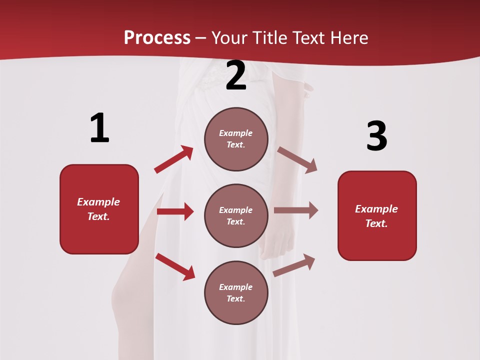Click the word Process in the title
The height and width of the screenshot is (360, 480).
(x=157, y=38)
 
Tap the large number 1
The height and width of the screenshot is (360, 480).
(x=99, y=128)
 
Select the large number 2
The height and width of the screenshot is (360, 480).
(x=236, y=75)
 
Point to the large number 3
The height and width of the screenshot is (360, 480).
(x=376, y=136)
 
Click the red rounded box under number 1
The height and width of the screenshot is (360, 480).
(x=99, y=209)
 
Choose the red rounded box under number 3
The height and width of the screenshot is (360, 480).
(x=377, y=215)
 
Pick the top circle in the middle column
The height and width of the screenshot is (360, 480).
(x=236, y=139)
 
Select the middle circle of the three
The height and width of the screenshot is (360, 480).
(x=236, y=215)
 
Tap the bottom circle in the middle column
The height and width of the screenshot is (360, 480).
(x=236, y=292)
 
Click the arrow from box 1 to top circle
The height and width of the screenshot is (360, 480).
(x=173, y=159)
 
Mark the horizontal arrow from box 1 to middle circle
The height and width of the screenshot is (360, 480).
(x=175, y=211)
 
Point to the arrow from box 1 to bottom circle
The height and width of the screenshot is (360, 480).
(x=175, y=266)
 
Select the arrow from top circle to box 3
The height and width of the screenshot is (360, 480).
(x=297, y=160)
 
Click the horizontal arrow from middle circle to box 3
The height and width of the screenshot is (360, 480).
(x=296, y=210)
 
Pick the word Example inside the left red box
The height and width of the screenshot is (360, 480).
(x=98, y=202)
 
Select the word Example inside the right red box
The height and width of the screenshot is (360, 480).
(x=376, y=209)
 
